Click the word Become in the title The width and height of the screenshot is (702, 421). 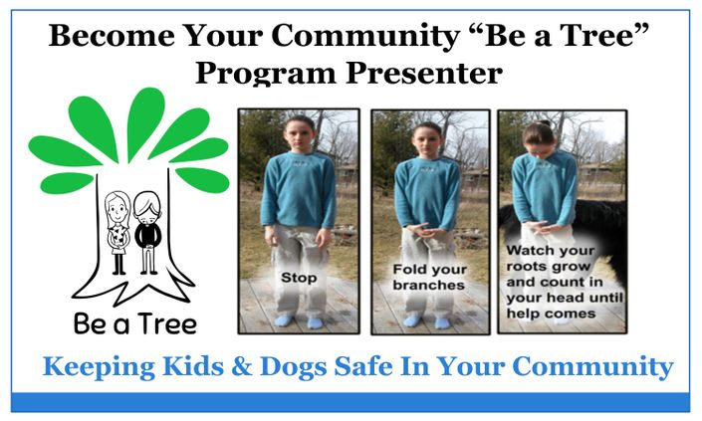[112, 35]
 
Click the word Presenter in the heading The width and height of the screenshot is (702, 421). [424, 73]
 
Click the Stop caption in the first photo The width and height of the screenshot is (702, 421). [299, 278]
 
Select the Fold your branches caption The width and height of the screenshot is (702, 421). [429, 278]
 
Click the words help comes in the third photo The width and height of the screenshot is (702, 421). [551, 314]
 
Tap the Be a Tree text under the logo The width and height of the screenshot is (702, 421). [135, 323]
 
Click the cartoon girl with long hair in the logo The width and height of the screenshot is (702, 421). [117, 233]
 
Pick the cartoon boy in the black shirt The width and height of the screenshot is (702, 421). [147, 233]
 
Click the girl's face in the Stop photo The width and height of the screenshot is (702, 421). [299, 134]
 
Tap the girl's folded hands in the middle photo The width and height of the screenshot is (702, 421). [424, 231]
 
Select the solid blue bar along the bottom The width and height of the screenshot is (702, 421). [351, 402]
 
